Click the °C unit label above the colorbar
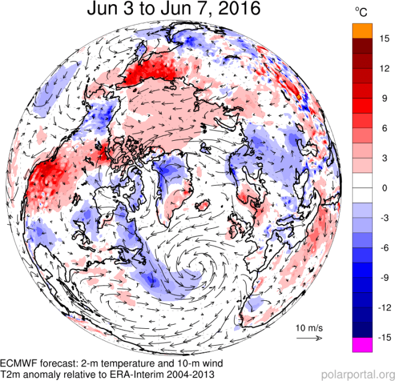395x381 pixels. pyautogui.click(x=361, y=13)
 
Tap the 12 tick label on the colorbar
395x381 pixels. pyautogui.click(x=381, y=69)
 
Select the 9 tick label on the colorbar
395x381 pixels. pyautogui.click(x=381, y=99)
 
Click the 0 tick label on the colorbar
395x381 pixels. pyautogui.click(x=381, y=188)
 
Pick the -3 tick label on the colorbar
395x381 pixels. pyautogui.click(x=381, y=217)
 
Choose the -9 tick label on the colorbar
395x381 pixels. pyautogui.click(x=381, y=277)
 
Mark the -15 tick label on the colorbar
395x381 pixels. pyautogui.click(x=381, y=337)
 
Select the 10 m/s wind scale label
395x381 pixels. pyautogui.click(x=309, y=328)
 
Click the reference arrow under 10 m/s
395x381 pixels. pyautogui.click(x=309, y=337)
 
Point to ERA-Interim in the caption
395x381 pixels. pyautogui.click(x=133, y=375)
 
